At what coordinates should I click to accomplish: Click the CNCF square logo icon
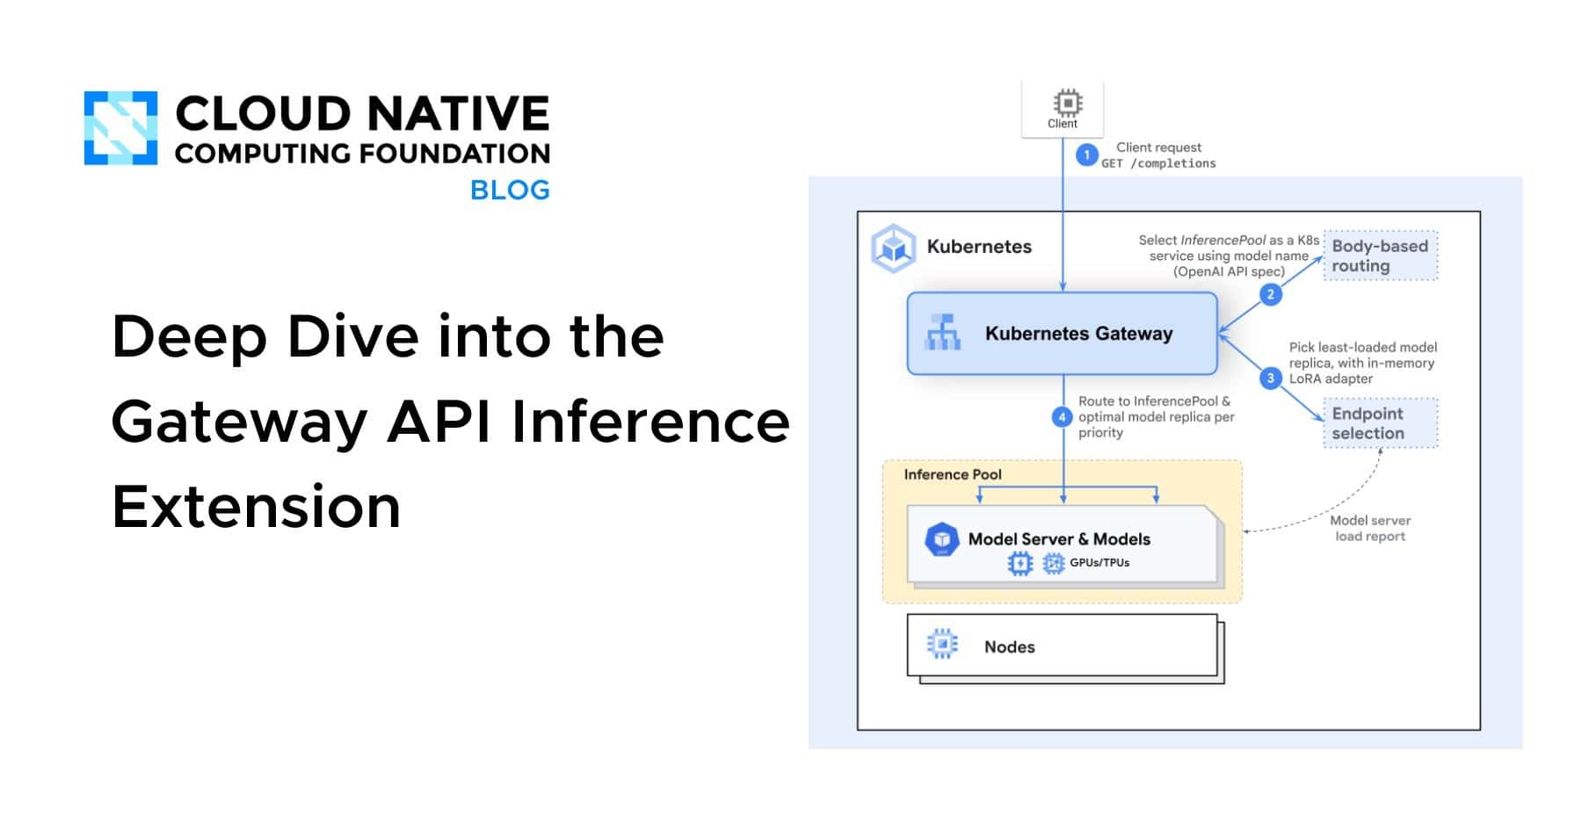(120, 128)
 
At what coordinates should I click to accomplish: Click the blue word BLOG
(510, 191)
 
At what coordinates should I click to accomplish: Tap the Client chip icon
(1067, 103)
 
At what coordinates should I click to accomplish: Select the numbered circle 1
(1087, 155)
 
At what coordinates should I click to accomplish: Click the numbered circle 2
(1270, 294)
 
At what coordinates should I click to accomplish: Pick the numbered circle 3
(1270, 379)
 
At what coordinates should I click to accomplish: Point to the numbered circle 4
(1063, 417)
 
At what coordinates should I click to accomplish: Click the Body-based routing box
(1380, 256)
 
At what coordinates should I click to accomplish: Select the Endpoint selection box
(1380, 423)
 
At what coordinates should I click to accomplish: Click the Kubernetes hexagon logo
(894, 249)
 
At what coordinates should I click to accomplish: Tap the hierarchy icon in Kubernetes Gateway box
(943, 333)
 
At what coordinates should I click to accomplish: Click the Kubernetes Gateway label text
(1078, 334)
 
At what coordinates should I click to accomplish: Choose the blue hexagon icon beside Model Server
(942, 539)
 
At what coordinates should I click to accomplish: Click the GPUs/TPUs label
(1099, 563)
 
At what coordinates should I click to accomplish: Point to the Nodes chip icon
(942, 646)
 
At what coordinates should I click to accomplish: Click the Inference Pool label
(953, 474)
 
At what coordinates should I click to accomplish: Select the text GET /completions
(1158, 163)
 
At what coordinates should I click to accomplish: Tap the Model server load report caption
(1369, 528)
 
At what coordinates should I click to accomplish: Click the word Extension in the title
(257, 507)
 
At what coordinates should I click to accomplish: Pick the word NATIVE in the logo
(457, 114)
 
